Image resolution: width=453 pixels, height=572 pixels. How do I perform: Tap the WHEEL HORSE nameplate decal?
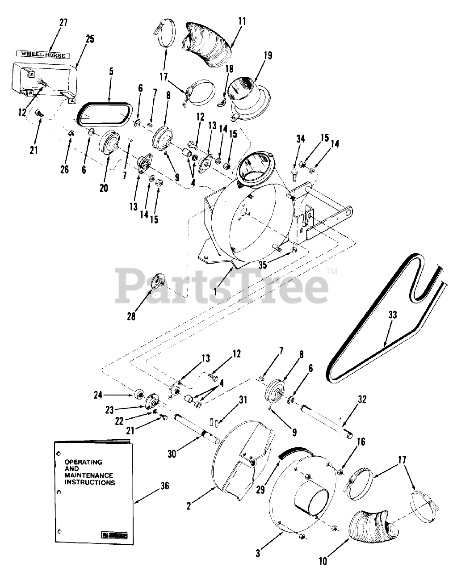pyautogui.click(x=43, y=55)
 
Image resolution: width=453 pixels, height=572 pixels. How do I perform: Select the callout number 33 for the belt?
pyautogui.click(x=393, y=315)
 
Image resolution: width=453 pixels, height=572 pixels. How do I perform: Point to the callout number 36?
pyautogui.click(x=165, y=486)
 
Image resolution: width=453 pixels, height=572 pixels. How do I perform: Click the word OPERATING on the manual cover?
pyautogui.click(x=84, y=462)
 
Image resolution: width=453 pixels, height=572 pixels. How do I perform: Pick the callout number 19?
pyautogui.click(x=268, y=55)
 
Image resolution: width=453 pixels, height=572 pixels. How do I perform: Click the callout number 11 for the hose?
pyautogui.click(x=242, y=21)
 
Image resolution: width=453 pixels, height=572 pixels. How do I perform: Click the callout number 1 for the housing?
pyautogui.click(x=215, y=291)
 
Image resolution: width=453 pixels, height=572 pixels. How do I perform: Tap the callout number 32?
pyautogui.click(x=362, y=400)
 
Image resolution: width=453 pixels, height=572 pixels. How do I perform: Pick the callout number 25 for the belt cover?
pyautogui.click(x=90, y=39)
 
